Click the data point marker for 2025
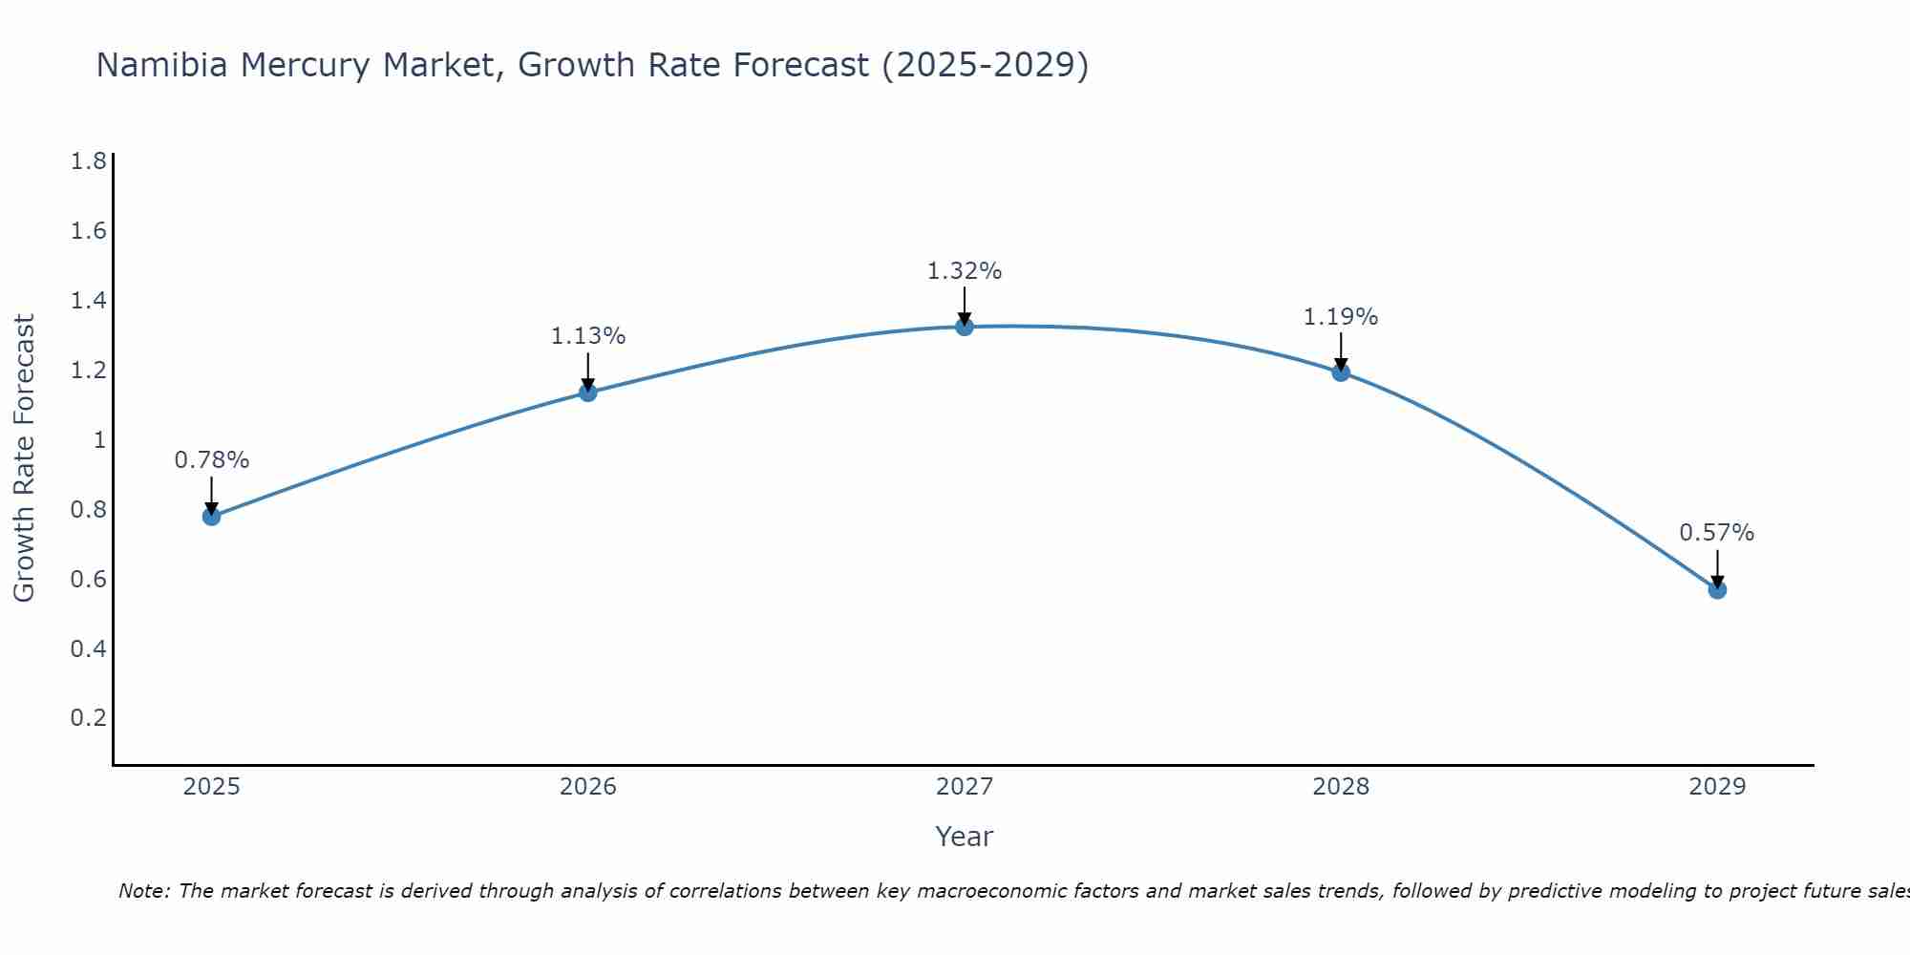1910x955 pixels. tap(211, 517)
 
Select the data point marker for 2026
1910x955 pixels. tap(588, 393)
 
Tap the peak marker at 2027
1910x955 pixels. tap(965, 327)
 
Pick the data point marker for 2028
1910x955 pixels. tap(1341, 372)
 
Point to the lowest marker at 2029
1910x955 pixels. tap(1717, 589)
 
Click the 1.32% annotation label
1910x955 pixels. tap(965, 271)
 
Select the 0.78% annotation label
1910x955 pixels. tap(211, 460)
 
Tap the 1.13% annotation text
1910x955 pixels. tap(588, 336)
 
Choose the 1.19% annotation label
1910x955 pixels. tap(1341, 317)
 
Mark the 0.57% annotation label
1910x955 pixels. tap(1717, 533)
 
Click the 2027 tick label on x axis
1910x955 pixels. tap(965, 787)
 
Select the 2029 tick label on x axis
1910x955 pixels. tap(1717, 787)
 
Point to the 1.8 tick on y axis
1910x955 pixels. tap(88, 161)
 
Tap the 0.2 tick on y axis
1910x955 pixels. tap(88, 718)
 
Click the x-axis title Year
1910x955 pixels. tap(965, 837)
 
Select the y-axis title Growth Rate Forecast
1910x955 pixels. tap(24, 457)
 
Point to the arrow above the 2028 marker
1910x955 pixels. tap(1341, 351)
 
